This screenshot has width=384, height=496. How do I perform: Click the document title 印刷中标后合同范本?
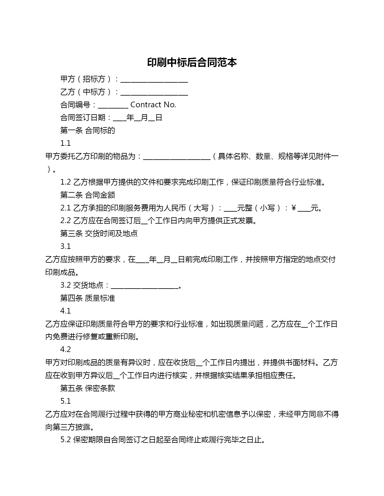click(x=192, y=62)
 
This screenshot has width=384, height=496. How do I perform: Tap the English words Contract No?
click(x=153, y=105)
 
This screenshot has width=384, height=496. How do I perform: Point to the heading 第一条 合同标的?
click(x=88, y=130)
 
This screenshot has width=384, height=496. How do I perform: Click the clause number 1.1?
click(x=65, y=143)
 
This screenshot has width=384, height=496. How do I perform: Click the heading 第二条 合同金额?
click(x=88, y=195)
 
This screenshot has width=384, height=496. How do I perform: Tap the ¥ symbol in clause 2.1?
click(x=294, y=208)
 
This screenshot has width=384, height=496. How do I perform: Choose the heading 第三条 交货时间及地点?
click(x=99, y=234)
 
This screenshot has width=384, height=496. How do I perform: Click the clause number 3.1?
click(x=65, y=246)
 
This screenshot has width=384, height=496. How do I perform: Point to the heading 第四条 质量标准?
click(x=88, y=298)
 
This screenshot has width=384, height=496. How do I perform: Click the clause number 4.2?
click(x=65, y=349)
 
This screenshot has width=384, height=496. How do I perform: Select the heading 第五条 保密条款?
click(x=88, y=388)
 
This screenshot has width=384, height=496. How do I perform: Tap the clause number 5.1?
click(x=65, y=401)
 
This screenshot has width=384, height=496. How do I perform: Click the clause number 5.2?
click(x=65, y=440)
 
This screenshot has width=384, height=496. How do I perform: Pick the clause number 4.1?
click(x=65, y=311)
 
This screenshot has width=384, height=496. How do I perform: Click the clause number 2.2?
click(x=65, y=221)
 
